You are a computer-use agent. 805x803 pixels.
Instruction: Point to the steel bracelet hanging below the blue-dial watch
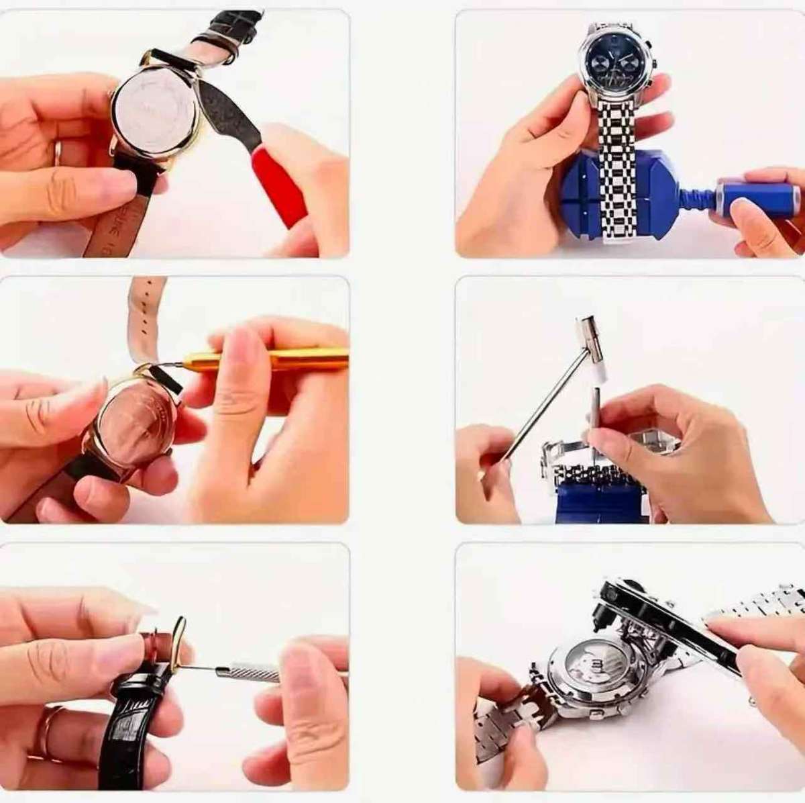point(616,168)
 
